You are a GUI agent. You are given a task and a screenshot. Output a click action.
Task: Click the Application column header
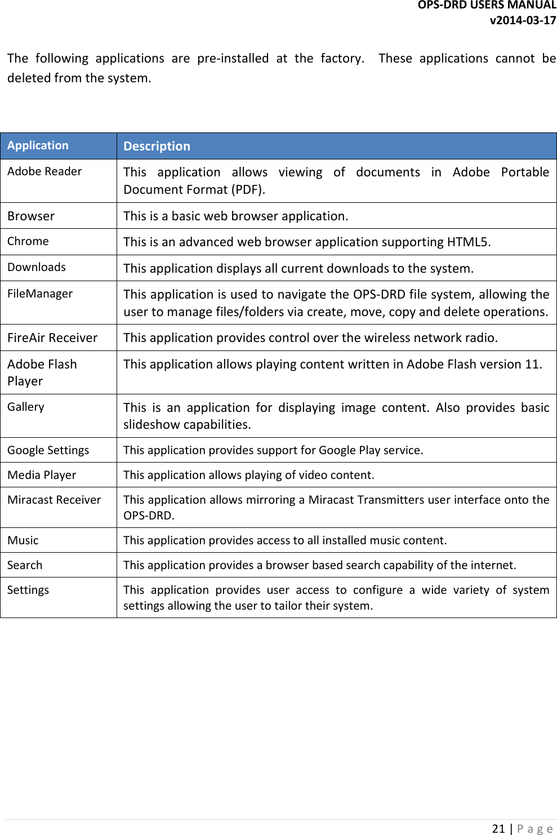tap(38, 145)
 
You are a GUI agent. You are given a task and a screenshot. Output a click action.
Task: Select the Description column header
tap(157, 146)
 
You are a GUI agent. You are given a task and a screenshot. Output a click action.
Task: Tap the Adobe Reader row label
tap(44, 171)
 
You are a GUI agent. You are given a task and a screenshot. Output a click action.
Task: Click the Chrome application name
tap(28, 241)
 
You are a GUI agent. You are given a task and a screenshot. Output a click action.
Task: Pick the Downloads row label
tap(37, 267)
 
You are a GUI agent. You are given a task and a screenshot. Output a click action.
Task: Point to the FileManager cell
tap(40, 294)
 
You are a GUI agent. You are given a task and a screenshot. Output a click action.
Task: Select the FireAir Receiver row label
tap(52, 337)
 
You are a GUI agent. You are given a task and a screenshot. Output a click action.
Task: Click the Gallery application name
tap(26, 407)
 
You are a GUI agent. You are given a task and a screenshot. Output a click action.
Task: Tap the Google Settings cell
tap(48, 450)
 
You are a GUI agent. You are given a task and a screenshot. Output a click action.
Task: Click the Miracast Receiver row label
tap(54, 500)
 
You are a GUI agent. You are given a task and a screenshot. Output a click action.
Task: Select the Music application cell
tap(23, 540)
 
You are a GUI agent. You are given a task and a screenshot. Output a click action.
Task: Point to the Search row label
tap(25, 565)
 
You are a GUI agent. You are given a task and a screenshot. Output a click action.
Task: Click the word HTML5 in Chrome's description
tap(467, 242)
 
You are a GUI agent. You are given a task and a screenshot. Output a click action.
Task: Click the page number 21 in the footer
tap(498, 828)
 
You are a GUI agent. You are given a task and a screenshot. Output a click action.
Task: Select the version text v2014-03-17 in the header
tap(523, 20)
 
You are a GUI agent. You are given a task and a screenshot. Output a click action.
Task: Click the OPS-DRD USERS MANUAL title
tap(487, 5)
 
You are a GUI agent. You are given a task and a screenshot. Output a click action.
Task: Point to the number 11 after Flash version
tap(532, 365)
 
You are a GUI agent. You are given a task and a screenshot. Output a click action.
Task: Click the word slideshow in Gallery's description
tap(156, 425)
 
